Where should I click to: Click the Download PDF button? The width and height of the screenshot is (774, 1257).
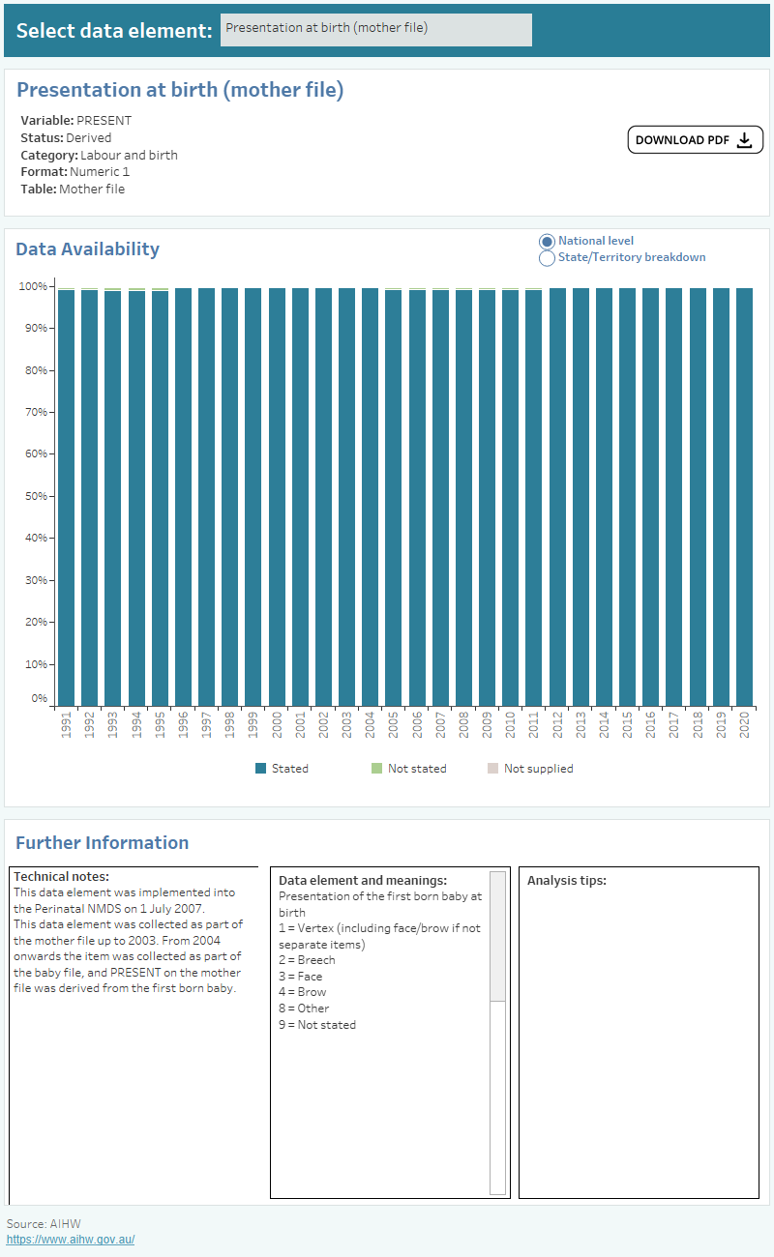click(x=695, y=140)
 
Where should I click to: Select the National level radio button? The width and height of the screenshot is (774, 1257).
click(x=547, y=241)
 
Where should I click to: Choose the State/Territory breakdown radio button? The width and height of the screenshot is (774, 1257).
click(x=547, y=258)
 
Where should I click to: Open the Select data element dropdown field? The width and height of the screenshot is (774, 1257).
click(x=375, y=29)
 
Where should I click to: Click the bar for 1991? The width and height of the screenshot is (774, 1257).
click(x=66, y=497)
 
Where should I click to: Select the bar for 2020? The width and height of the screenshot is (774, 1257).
click(x=744, y=497)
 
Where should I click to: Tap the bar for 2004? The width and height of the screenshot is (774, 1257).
click(x=370, y=497)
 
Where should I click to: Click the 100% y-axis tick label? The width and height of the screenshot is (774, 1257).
click(x=33, y=286)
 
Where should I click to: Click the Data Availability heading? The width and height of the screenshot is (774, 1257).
click(x=87, y=248)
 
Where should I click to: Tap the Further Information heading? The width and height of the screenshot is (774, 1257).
click(x=102, y=842)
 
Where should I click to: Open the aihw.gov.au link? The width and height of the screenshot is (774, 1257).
click(x=71, y=1240)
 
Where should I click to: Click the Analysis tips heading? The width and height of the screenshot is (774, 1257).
click(x=567, y=881)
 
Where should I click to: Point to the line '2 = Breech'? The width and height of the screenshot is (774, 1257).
click(x=307, y=960)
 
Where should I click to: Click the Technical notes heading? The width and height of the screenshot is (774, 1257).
click(x=61, y=876)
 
